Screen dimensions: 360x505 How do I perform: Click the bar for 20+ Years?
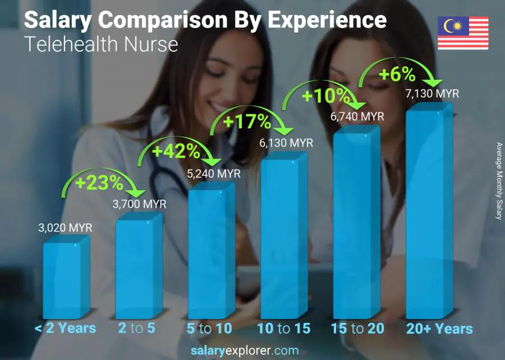tap(428, 213)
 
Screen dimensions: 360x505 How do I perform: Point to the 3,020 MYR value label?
tap(65, 228)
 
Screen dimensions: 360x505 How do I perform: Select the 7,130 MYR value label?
tap(432, 93)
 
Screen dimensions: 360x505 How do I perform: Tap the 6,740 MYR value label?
tap(357, 116)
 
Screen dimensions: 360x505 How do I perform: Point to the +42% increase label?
tap(176, 151)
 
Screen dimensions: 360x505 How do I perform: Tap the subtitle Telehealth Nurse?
tap(101, 44)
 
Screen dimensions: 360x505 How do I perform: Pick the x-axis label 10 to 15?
tap(283, 329)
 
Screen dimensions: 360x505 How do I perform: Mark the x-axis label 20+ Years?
tap(439, 329)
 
